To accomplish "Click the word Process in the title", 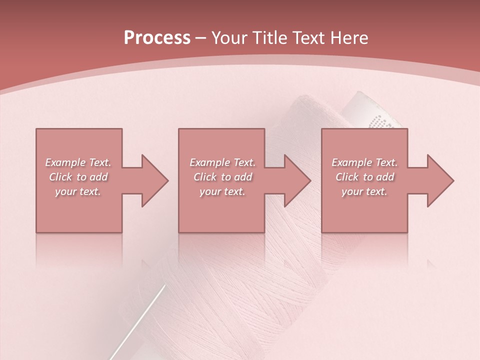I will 157,38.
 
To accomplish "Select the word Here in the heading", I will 349,38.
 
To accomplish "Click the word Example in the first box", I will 65,162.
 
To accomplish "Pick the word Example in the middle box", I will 209,162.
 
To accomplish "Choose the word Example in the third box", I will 351,162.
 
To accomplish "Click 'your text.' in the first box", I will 78,191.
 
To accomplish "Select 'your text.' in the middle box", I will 222,191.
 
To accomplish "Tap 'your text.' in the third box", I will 364,191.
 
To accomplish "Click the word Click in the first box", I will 60,177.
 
